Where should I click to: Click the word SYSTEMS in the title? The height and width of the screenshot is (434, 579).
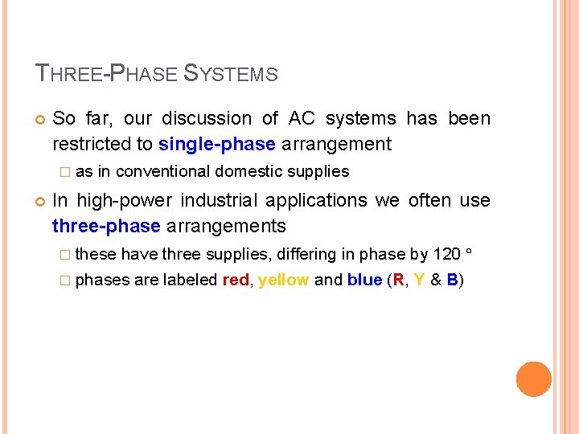click(x=231, y=74)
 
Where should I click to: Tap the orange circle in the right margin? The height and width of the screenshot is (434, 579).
click(x=534, y=379)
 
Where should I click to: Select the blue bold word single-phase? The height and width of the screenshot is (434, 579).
click(x=217, y=145)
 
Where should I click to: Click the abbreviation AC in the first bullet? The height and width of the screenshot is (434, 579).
click(x=302, y=119)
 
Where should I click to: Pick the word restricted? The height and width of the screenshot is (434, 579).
click(x=92, y=145)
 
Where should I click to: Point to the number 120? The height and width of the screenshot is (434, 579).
click(x=447, y=254)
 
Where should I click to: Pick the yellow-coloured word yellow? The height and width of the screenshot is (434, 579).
click(x=284, y=280)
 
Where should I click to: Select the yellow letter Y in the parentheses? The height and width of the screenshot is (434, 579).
click(x=419, y=280)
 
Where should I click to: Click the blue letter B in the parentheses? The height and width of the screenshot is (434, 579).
click(x=453, y=280)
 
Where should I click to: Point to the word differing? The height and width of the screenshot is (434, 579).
click(x=306, y=254)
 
